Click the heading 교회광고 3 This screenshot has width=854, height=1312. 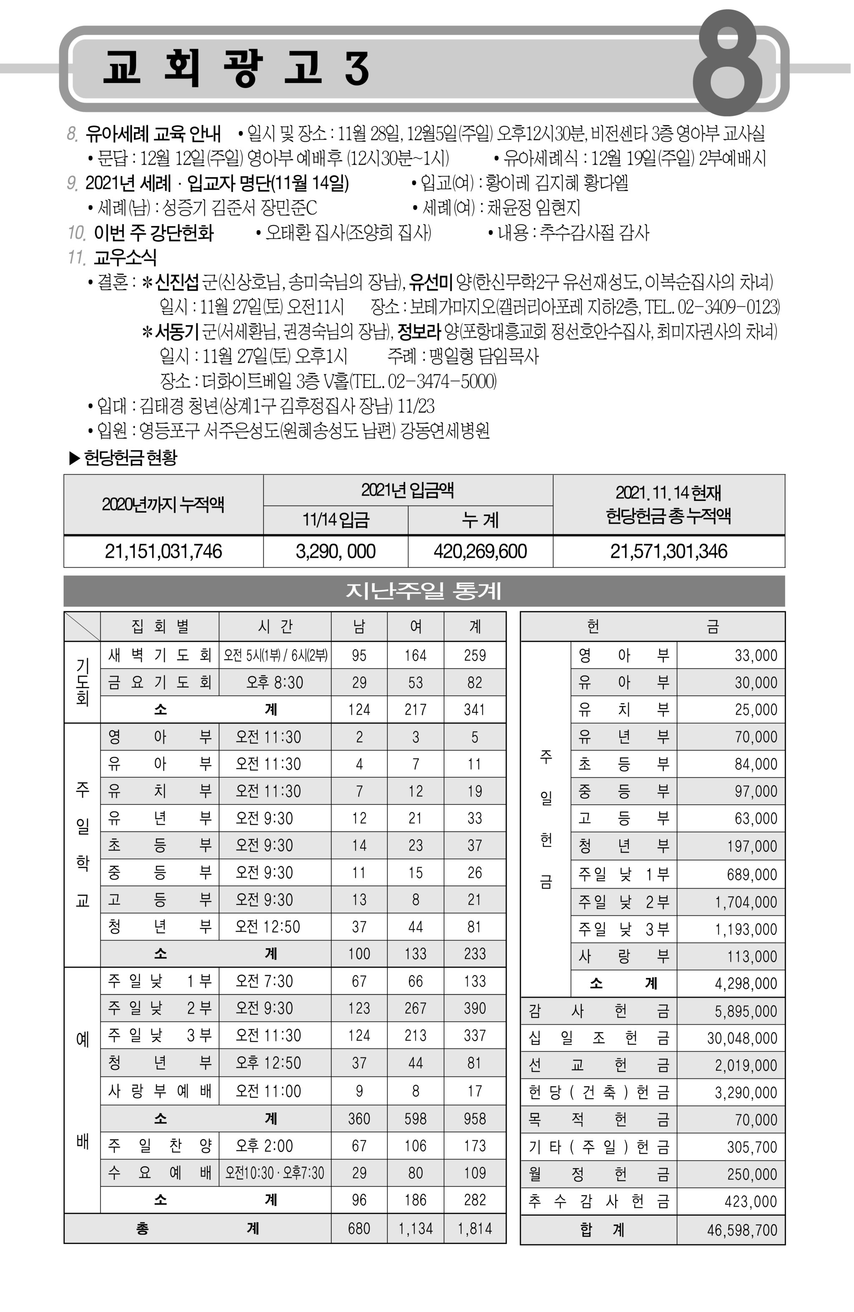(x=236, y=68)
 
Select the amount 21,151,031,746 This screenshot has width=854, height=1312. (x=163, y=551)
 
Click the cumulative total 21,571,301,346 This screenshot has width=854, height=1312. (x=668, y=551)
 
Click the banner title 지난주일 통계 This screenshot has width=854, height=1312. (x=423, y=591)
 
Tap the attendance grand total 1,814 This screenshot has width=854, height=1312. (x=474, y=1228)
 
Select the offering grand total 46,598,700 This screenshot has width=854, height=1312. (x=741, y=1230)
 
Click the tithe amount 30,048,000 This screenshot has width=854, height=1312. (x=741, y=1038)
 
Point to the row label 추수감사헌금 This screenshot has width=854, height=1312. (x=598, y=1202)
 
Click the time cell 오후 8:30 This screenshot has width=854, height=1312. (x=274, y=682)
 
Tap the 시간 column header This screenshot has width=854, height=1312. (x=274, y=626)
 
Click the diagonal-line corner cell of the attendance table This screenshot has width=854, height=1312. (x=82, y=626)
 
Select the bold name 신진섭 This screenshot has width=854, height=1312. (x=176, y=282)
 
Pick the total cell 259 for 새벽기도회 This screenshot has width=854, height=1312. (x=474, y=655)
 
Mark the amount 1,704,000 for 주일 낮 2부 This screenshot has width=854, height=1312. (x=746, y=902)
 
